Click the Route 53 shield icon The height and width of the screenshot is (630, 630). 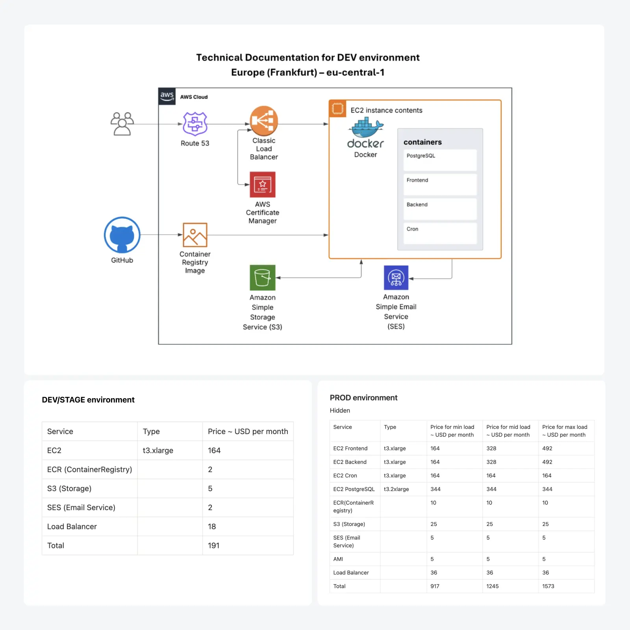pos(195,124)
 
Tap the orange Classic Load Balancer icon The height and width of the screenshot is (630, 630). pos(264,121)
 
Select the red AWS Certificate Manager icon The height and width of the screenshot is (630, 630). pos(263,185)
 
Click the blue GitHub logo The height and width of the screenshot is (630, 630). pos(122,235)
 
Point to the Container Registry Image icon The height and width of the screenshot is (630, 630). pos(195,235)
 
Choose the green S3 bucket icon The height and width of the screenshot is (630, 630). pos(263,278)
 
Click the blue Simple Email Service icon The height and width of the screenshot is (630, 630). pos(396,278)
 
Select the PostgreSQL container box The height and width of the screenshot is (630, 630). pos(440,160)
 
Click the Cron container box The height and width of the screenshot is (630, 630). pos(440,233)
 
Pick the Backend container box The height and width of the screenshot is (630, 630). pos(440,209)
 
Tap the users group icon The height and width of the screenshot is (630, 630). pos(122,124)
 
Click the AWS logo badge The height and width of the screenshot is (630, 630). pos(167,96)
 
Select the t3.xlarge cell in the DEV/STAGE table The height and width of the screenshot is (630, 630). pos(158,450)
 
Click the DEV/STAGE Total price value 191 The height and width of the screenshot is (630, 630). pos(213,546)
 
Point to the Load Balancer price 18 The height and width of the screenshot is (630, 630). pos(212,527)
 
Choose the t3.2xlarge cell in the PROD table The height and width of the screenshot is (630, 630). pos(396,489)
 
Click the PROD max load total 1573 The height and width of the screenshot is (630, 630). pos(548,586)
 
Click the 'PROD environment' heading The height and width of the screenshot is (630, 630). pos(363,398)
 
